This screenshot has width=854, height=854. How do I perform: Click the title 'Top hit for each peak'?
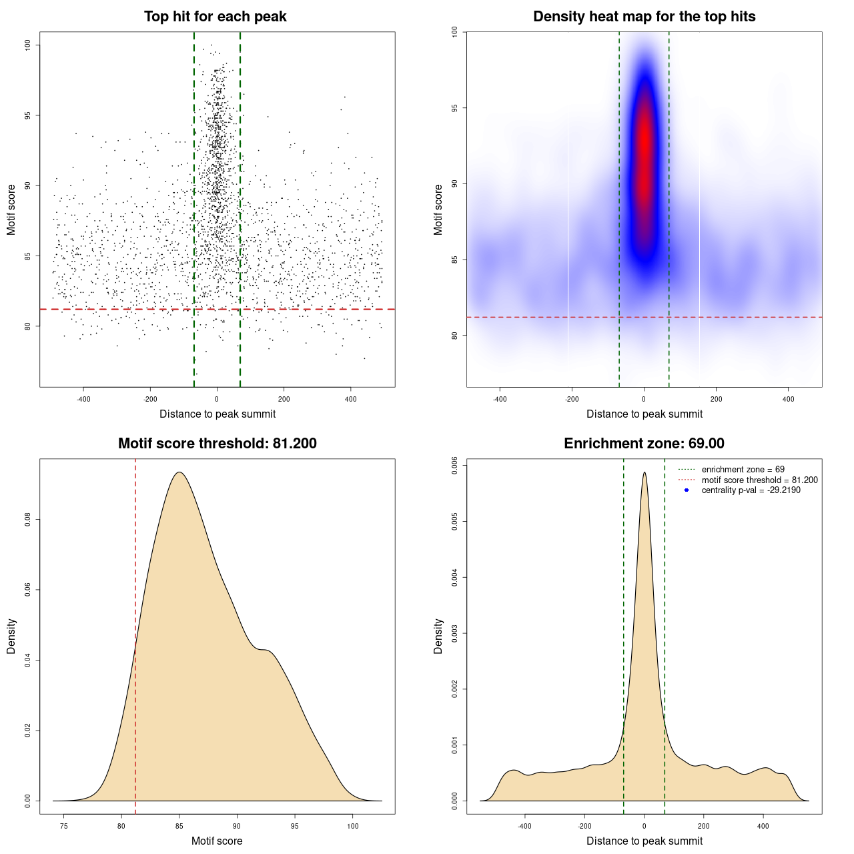click(x=215, y=17)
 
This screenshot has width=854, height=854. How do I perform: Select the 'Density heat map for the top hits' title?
click(x=644, y=17)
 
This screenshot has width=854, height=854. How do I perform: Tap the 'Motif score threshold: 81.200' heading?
click(x=217, y=444)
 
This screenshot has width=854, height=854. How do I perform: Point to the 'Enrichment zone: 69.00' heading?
click(x=644, y=444)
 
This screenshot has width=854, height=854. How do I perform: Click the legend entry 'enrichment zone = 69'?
click(x=743, y=470)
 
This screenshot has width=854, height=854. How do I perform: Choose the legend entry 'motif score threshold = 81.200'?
click(x=759, y=480)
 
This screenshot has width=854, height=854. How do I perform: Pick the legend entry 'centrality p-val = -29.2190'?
click(x=751, y=490)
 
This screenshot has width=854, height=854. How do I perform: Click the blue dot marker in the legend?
click(x=687, y=490)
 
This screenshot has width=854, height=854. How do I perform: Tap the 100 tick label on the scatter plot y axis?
click(x=27, y=45)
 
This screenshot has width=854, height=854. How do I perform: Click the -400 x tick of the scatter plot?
click(x=83, y=399)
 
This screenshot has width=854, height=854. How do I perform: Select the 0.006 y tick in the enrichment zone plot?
click(x=454, y=464)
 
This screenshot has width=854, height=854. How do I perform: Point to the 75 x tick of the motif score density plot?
click(x=63, y=826)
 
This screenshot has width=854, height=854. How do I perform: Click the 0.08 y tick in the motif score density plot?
click(x=27, y=519)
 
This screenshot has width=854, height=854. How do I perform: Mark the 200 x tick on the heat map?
click(x=716, y=399)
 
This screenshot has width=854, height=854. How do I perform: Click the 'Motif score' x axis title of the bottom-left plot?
click(x=217, y=841)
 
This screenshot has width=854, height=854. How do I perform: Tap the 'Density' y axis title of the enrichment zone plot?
click(x=438, y=636)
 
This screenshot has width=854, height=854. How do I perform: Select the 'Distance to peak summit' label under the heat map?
click(x=644, y=414)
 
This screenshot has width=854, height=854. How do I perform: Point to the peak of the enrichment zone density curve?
click(x=645, y=473)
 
